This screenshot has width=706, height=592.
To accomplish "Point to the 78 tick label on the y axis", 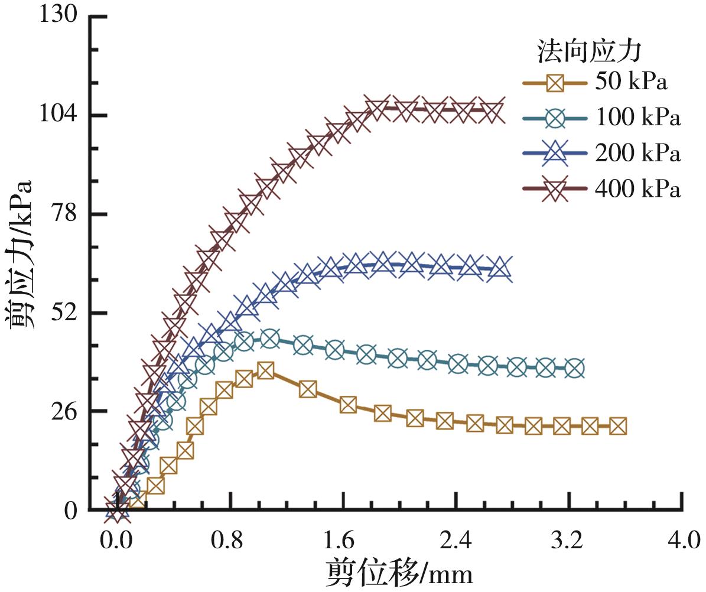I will point(67,214).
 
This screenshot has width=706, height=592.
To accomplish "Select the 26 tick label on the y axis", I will point(67,411).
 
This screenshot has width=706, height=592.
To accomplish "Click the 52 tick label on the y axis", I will point(67,313).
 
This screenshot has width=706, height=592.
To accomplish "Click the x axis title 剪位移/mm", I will point(399,573).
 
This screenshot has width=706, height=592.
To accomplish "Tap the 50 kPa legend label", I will point(632,82).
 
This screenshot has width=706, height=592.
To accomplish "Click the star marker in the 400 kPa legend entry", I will point(555,189).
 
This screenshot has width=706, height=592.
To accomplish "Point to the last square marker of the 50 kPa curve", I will point(617,426).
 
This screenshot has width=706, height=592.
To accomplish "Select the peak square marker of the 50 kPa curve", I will point(266,370).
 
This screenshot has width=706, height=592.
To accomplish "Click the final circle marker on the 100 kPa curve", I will point(575,368).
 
